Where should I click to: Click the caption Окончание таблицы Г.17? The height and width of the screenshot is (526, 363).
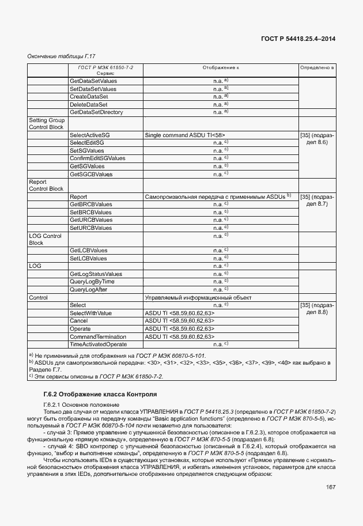(x=61, y=56)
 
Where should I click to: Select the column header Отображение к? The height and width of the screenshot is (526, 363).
(x=220, y=68)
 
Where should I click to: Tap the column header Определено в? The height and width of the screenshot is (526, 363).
(x=316, y=68)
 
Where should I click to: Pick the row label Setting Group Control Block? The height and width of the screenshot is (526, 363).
(x=47, y=123)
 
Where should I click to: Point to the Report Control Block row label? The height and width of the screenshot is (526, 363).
(x=46, y=186)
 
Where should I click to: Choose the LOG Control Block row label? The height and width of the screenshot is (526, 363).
(x=45, y=240)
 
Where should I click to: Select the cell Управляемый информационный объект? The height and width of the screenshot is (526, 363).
(x=199, y=297)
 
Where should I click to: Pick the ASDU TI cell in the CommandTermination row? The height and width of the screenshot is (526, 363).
(x=180, y=336)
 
